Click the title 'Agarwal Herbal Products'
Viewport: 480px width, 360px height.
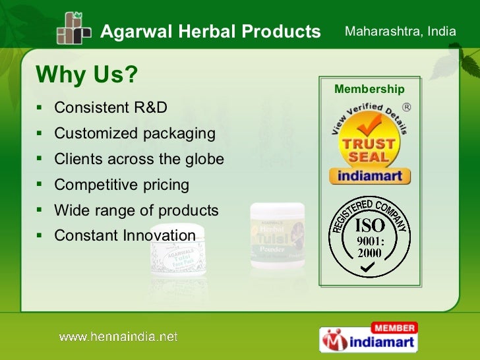tap(210, 32)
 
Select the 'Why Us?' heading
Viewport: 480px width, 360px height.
tap(86, 75)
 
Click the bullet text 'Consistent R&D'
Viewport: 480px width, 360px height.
tap(111, 107)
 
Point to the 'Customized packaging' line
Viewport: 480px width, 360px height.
tap(135, 134)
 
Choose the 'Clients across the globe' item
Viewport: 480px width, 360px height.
tap(139, 160)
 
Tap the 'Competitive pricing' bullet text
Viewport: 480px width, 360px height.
tap(121, 185)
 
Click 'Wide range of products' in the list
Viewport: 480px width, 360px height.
tap(136, 211)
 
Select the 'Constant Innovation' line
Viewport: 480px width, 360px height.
tap(125, 236)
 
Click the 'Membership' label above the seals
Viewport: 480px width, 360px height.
tap(369, 90)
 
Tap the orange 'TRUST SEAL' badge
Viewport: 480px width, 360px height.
tap(368, 144)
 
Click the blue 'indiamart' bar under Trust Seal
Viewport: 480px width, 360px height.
tap(369, 176)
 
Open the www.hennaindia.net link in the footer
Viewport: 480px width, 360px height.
tap(119, 337)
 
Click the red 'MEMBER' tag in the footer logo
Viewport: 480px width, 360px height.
tap(394, 328)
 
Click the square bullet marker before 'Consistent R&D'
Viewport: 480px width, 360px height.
tap(40, 107)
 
